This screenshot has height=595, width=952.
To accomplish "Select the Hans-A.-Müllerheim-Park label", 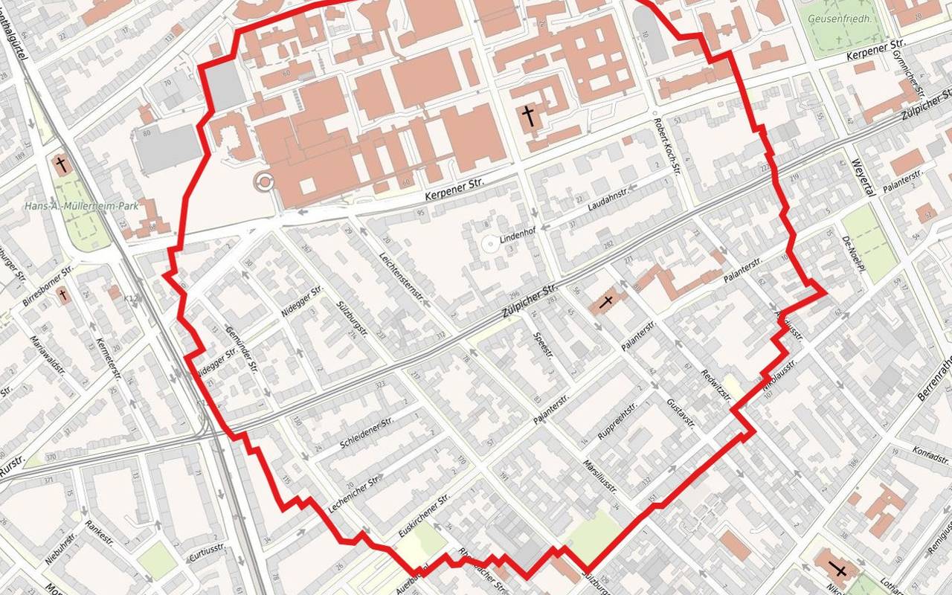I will point(75,206).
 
